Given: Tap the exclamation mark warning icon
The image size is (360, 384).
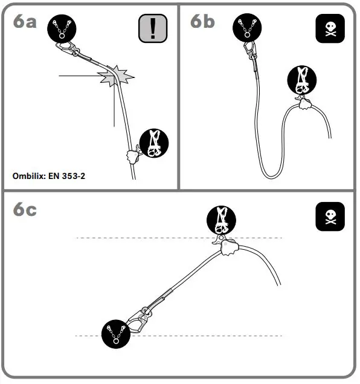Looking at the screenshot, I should click(152, 28).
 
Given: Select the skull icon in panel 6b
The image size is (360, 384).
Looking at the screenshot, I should click(330, 28).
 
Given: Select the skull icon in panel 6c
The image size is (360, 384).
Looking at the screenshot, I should click(330, 216).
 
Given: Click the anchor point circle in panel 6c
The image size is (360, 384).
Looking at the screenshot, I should click(115, 333).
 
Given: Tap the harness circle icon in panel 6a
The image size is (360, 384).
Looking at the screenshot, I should click(154, 143).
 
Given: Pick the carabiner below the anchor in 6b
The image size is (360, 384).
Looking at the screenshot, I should click(248, 51).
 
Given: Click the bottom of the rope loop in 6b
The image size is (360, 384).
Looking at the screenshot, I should click(271, 176).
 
